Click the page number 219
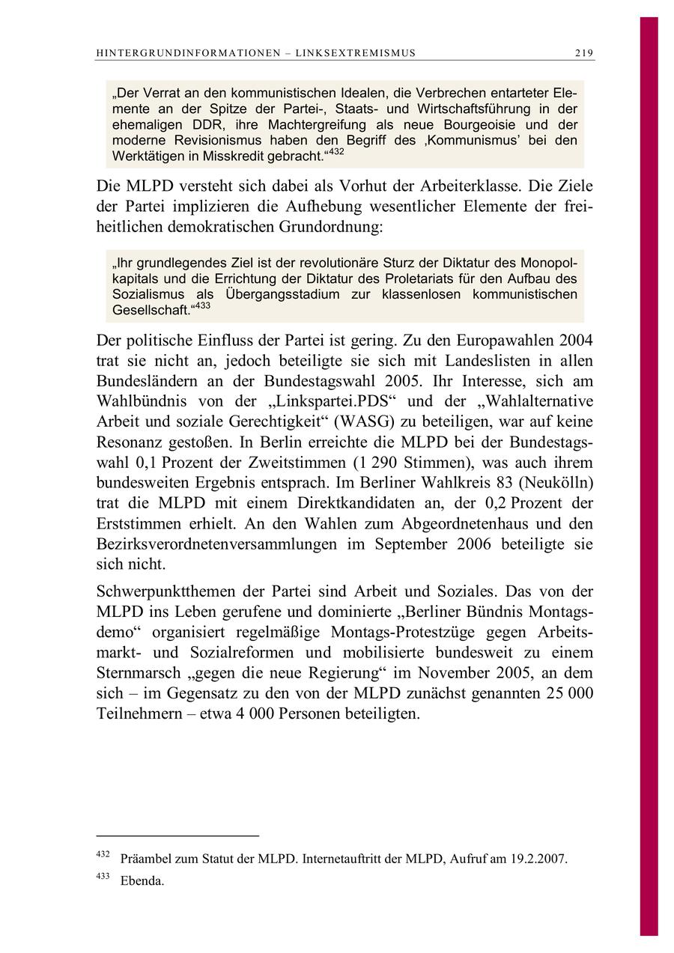(584, 53)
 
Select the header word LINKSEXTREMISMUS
(356, 53)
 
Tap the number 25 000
(566, 694)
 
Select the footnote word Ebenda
(142, 881)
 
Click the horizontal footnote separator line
(177, 835)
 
